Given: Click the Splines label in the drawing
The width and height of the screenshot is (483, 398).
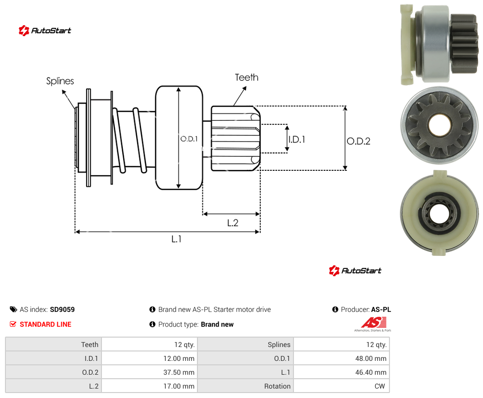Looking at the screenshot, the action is pos(60,81).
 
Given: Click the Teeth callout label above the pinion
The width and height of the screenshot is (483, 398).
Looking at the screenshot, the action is pos(246,77).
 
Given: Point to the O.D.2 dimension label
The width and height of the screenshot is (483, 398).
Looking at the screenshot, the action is pos(359,141).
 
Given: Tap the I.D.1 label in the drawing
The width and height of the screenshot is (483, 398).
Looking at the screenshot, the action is pos(297,140).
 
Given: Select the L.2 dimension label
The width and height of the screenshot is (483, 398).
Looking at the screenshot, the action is pos(233,223).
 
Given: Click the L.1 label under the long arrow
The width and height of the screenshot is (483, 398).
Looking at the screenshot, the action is pos(177,239).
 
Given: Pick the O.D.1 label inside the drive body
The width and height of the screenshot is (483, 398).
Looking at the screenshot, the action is pos(189,139).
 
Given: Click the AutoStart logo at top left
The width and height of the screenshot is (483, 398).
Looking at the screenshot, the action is pos(45,31).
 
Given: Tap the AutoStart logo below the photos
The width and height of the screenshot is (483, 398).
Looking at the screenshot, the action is pos(355,271).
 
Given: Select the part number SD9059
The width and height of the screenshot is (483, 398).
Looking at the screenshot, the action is pos(62,309).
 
